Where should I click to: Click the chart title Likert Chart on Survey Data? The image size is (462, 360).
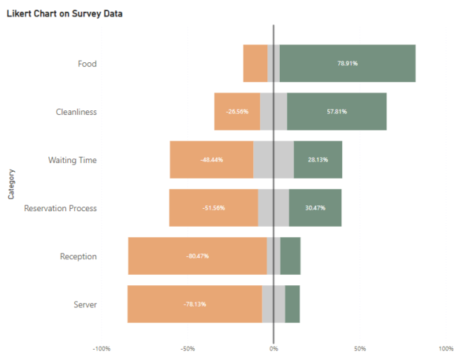tap(64, 14)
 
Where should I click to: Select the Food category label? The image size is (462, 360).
tap(87, 64)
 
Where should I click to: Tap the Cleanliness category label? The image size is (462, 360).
tap(76, 112)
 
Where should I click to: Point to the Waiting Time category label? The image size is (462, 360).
tap(73, 160)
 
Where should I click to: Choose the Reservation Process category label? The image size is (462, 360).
tap(61, 208)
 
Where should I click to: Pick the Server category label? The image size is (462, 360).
tap(85, 304)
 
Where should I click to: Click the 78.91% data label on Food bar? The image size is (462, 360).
tap(347, 64)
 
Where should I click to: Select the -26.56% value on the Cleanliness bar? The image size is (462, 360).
tap(237, 112)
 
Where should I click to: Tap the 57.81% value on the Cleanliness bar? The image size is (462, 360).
tap(337, 112)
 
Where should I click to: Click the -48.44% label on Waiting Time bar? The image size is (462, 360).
tap(211, 160)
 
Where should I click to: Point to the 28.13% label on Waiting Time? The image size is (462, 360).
tap(318, 160)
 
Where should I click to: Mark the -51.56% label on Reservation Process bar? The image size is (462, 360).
tap(213, 208)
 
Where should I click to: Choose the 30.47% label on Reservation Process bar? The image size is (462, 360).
tap(315, 208)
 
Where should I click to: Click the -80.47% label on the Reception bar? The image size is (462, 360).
tap(197, 256)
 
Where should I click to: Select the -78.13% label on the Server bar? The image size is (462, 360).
tap(195, 304)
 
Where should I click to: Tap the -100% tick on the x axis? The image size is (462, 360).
tap(101, 349)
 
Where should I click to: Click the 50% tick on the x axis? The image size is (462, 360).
tap(360, 349)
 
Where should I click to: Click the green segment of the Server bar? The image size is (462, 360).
tap(292, 304)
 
